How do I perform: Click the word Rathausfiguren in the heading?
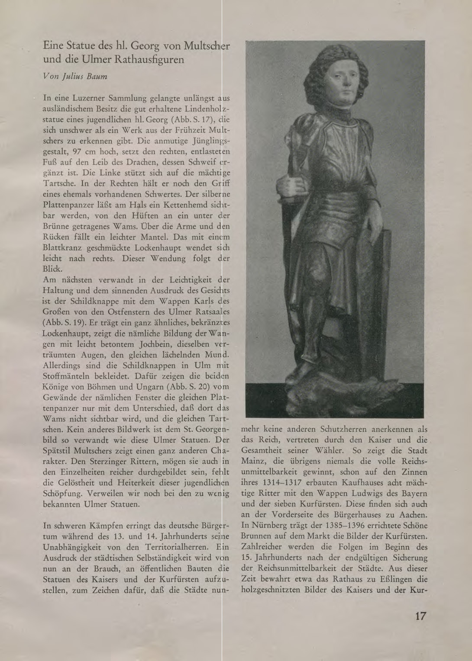pyautogui.click(x=149, y=60)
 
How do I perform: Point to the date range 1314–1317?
pyautogui.click(x=277, y=483)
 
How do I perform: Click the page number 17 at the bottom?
pyautogui.click(x=420, y=616)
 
